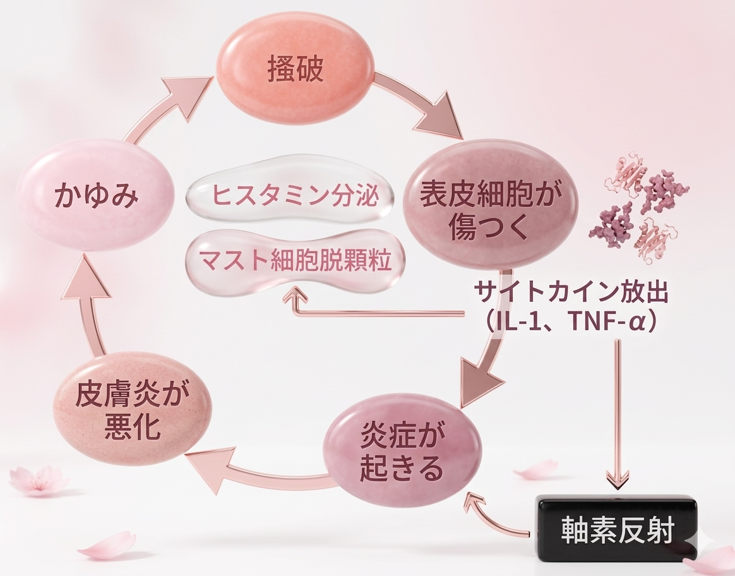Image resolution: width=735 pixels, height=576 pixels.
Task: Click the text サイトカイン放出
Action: (571, 293)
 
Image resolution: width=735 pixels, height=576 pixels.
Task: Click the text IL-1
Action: (515, 321)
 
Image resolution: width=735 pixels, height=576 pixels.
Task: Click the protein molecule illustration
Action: (638, 212)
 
